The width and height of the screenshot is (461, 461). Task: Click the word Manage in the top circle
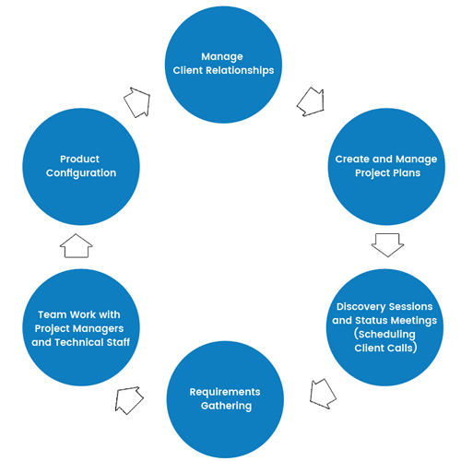point(222,57)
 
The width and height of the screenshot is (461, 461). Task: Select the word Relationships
point(240,71)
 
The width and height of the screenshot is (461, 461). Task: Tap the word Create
point(352,159)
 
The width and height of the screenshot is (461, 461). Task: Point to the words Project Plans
point(387,173)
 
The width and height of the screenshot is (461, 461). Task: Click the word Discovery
point(361,307)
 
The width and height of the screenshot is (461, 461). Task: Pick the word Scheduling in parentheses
point(386,334)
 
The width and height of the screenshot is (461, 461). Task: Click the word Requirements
point(225,392)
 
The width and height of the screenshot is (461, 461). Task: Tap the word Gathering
point(226,406)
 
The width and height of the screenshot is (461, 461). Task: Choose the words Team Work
point(67,314)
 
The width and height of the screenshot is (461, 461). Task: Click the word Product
point(79,159)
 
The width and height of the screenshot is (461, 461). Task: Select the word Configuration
point(81,173)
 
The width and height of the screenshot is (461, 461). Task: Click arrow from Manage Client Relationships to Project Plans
point(311,101)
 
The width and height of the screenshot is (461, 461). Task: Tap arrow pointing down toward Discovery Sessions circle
point(387,245)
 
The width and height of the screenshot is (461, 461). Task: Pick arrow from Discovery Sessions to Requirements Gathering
point(322,394)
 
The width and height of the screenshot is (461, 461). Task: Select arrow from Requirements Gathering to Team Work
point(128,400)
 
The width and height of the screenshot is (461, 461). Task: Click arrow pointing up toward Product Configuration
point(77,246)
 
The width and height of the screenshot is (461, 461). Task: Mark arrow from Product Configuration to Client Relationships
point(137,102)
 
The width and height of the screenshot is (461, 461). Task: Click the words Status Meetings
point(396,321)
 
